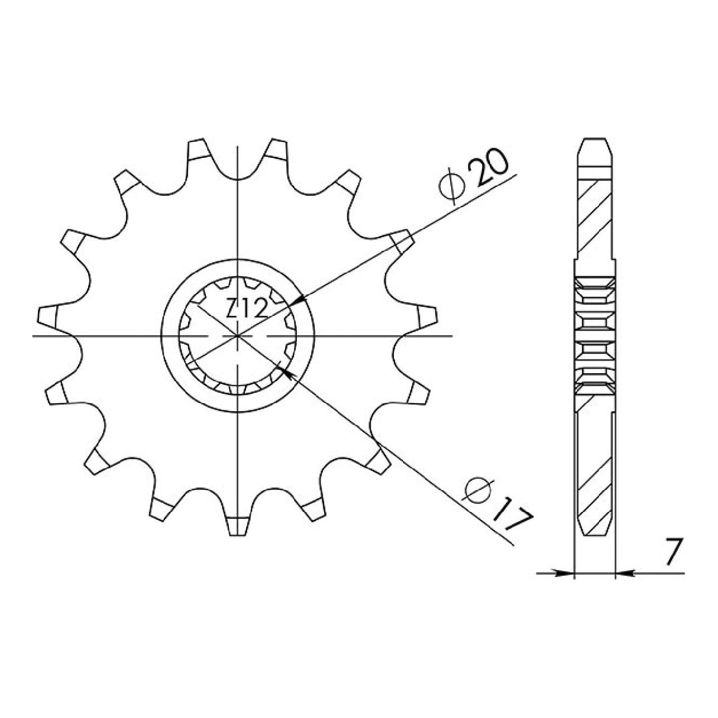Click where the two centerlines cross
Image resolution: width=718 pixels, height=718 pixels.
pos(237,336)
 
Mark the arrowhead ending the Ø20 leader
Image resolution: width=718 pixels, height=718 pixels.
pos(299,301)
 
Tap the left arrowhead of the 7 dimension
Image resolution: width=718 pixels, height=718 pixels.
pos(568,573)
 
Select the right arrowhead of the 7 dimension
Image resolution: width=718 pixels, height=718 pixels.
pos(622,573)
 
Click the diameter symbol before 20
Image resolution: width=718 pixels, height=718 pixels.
pos(451,186)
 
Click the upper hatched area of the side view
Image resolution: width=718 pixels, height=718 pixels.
pos(594,216)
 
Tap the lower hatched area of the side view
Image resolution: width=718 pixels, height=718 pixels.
pos(594,464)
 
